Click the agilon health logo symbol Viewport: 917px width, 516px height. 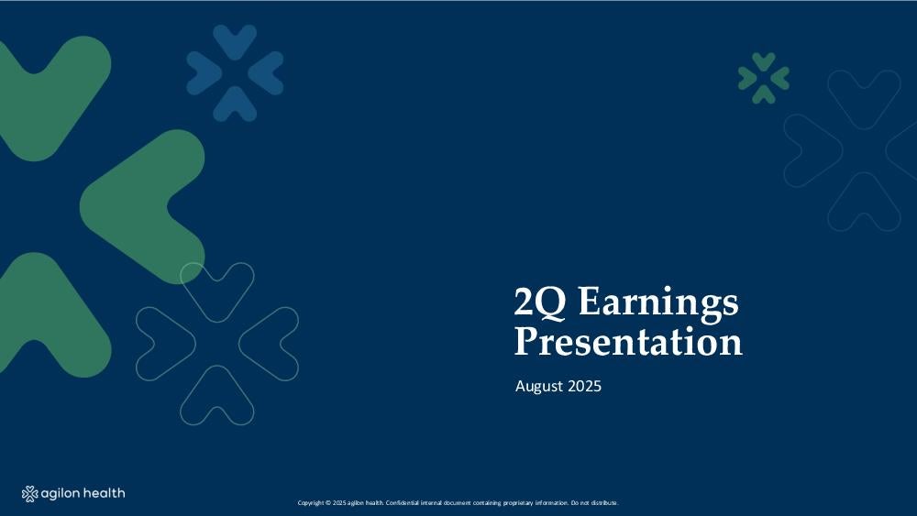[30, 494]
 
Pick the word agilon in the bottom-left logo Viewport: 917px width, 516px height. [61, 494]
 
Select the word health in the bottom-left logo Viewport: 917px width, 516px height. [104, 493]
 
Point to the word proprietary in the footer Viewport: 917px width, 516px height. [518, 502]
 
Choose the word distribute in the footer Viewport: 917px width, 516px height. [604, 502]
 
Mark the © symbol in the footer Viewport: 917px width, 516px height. [328, 502]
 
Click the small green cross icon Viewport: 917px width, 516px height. [764, 78]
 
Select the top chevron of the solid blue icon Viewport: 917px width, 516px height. [235, 41]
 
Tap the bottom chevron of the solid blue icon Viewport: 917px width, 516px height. [235, 105]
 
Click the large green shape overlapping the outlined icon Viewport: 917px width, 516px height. [140, 204]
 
